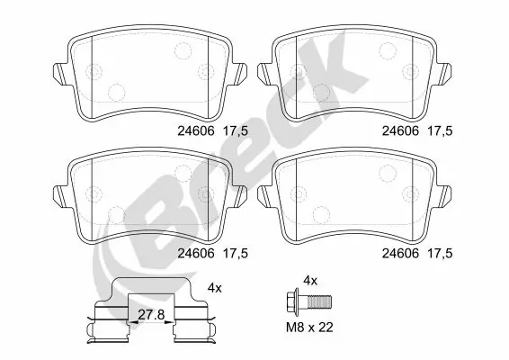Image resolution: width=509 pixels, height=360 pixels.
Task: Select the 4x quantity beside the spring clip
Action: tap(214, 288)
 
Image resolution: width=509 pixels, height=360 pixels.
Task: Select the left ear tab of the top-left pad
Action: tap(58, 72)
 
